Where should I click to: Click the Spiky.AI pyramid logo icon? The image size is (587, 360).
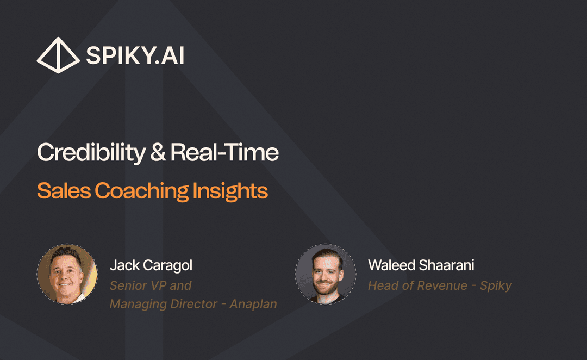[58, 55]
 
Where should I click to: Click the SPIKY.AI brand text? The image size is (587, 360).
[135, 55]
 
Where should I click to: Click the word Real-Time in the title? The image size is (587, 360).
[224, 153]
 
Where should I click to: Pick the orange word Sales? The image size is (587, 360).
[64, 191]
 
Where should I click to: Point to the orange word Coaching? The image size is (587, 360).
[143, 191]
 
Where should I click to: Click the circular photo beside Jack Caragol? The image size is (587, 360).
[67, 274]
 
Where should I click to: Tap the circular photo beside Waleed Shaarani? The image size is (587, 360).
[326, 274]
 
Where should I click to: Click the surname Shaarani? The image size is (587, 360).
[447, 265]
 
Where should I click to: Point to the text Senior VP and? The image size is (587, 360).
[151, 285]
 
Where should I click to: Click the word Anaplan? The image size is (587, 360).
[253, 304]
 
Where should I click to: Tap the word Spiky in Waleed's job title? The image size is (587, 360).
[495, 285]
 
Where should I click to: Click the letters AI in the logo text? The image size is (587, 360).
[173, 55]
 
